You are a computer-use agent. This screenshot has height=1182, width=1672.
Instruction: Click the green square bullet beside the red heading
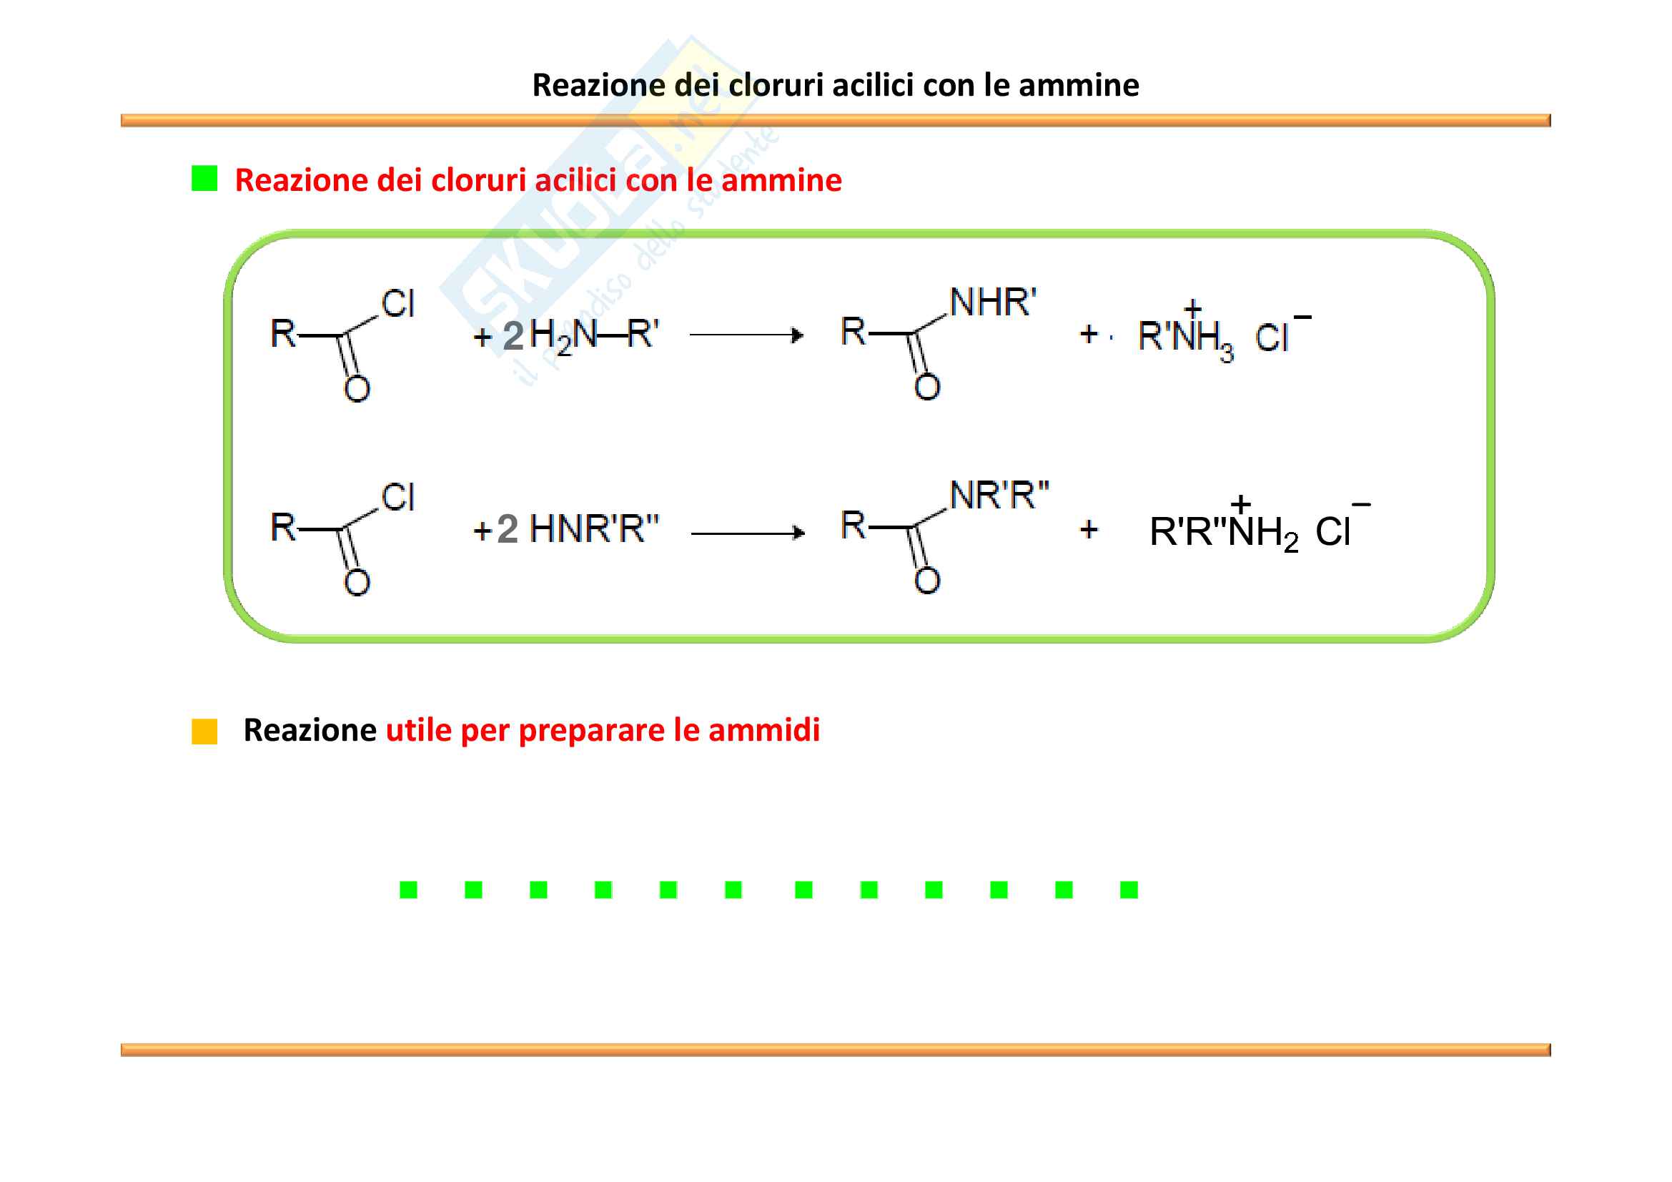pos(204,179)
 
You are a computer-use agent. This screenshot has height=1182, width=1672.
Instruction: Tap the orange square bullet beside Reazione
pos(204,732)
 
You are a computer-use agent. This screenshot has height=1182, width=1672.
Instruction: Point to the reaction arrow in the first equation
pos(746,335)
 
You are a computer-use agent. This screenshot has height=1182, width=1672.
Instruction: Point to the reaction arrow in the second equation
pos(747,533)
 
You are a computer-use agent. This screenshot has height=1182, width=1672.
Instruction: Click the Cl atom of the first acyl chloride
pos(397,304)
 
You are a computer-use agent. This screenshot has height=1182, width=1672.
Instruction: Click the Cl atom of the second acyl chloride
pos(397,498)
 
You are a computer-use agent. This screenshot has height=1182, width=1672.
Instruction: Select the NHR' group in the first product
pos(993,302)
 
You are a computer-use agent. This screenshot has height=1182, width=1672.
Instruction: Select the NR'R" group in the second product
pos(999,496)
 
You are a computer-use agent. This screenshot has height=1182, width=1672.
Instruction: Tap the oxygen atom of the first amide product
pos(927,387)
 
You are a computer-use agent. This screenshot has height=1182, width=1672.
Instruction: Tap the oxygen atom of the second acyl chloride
pos(357,582)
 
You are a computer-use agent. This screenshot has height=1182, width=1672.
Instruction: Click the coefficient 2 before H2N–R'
pos(513,336)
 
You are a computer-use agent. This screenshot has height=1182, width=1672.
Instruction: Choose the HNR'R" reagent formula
pos(593,529)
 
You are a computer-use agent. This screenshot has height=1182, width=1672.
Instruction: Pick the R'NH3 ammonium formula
pos(1185,337)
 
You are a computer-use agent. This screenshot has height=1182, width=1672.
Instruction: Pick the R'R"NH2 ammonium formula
pos(1223,531)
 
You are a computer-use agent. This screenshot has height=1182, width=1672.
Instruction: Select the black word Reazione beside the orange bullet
pos(310,731)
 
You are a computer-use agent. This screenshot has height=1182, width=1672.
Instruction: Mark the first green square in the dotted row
pos(409,890)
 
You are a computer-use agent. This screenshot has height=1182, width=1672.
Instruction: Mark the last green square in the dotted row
pos(1129,890)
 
